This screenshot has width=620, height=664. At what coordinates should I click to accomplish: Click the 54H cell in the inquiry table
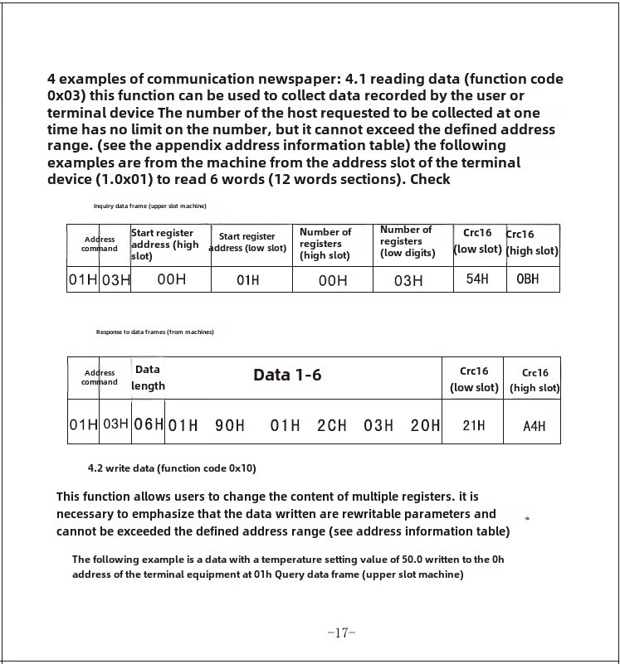[x=477, y=279]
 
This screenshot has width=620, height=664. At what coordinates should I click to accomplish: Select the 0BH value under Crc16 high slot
[x=528, y=279]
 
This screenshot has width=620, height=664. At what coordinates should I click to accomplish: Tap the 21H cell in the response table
[x=474, y=425]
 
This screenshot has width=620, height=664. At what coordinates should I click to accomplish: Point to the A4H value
[x=535, y=426]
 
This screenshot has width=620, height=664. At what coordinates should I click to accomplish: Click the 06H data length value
[x=149, y=424]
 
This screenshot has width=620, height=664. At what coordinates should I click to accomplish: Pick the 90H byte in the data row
[x=230, y=425]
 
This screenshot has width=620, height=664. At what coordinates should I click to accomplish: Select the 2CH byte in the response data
[x=332, y=425]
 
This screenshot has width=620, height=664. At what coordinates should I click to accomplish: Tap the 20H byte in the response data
[x=425, y=425]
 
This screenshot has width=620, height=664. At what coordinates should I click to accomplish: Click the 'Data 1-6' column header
[x=287, y=376]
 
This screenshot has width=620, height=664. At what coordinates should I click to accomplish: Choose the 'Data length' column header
[x=148, y=377]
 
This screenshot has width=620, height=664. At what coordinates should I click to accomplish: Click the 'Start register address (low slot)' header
[x=247, y=242]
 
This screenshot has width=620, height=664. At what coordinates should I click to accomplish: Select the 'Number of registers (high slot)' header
[x=325, y=244]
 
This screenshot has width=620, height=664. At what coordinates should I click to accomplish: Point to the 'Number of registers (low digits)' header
[x=408, y=241]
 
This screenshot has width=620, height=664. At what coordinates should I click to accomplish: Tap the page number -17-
[x=341, y=632]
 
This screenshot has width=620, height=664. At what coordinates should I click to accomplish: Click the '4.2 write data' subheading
[x=172, y=468]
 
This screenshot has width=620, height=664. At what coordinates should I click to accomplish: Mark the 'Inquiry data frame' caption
[x=149, y=206]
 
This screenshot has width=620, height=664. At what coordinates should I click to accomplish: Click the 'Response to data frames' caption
[x=154, y=332]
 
